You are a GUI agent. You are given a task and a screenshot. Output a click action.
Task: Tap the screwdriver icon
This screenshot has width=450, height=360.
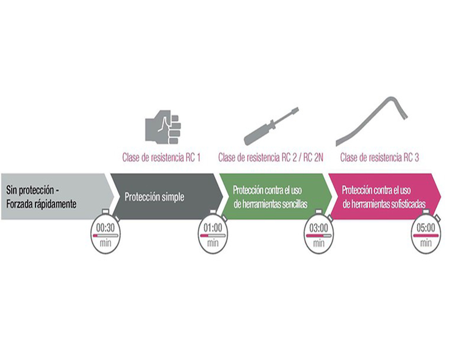[x=271, y=126]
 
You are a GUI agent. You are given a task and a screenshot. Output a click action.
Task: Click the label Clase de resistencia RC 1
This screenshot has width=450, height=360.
[x=161, y=157]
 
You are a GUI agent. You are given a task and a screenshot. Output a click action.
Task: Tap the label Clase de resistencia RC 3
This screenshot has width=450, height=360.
[x=379, y=157]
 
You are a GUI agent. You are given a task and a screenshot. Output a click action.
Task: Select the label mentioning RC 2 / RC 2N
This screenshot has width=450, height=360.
[x=271, y=157]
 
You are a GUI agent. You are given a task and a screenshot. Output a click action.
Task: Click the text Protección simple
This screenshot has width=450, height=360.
[x=154, y=197]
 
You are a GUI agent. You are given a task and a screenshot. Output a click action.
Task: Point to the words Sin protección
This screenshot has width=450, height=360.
[x=30, y=190]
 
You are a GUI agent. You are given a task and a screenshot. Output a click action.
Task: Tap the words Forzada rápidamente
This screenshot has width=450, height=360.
[x=41, y=204]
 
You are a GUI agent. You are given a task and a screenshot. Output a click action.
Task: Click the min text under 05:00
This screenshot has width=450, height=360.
[x=426, y=243]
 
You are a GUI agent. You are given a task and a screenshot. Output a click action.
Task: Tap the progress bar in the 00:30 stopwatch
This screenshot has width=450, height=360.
[x=106, y=236]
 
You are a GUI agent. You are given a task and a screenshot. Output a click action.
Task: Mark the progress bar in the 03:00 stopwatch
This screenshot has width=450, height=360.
[x=319, y=236]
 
